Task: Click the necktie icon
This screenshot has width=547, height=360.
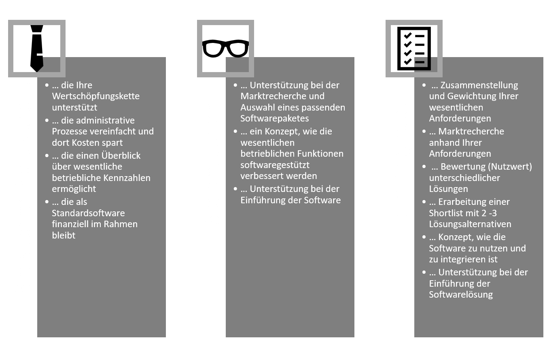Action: pos(37,48)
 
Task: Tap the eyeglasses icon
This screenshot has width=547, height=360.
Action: pos(225,48)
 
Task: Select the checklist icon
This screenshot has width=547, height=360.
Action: pos(414,48)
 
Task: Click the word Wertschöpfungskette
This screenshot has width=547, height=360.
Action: pos(96,96)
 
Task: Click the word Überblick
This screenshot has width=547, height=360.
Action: pos(121,156)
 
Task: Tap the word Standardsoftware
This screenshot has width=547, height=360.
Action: pos(88,213)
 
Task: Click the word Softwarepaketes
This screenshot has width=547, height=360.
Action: pos(274,118)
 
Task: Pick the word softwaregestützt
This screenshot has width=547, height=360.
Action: pos(275,165)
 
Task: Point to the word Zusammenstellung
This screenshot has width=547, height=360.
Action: pos(479,85)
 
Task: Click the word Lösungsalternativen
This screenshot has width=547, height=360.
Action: pos(470,224)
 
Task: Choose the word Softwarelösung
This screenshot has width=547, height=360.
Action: pos(461,295)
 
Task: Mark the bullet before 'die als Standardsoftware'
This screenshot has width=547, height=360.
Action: pos(47,202)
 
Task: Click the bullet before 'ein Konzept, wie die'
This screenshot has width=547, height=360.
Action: pos(235,132)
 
